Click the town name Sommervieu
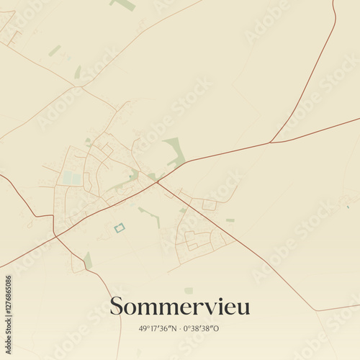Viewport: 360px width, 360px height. coord(180,307)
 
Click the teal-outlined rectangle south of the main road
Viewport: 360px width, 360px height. coord(120,228)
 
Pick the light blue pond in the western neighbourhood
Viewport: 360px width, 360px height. coord(71,178)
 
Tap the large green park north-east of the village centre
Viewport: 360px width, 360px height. coord(175,150)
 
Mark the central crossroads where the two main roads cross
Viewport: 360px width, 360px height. coord(157,182)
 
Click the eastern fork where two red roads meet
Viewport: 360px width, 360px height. coord(270,143)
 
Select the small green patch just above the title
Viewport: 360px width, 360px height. coord(189,290)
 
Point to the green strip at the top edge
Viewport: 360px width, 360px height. coord(124,4)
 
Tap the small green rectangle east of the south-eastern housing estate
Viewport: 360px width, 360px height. coord(230,220)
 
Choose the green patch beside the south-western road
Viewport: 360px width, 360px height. coord(88,260)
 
